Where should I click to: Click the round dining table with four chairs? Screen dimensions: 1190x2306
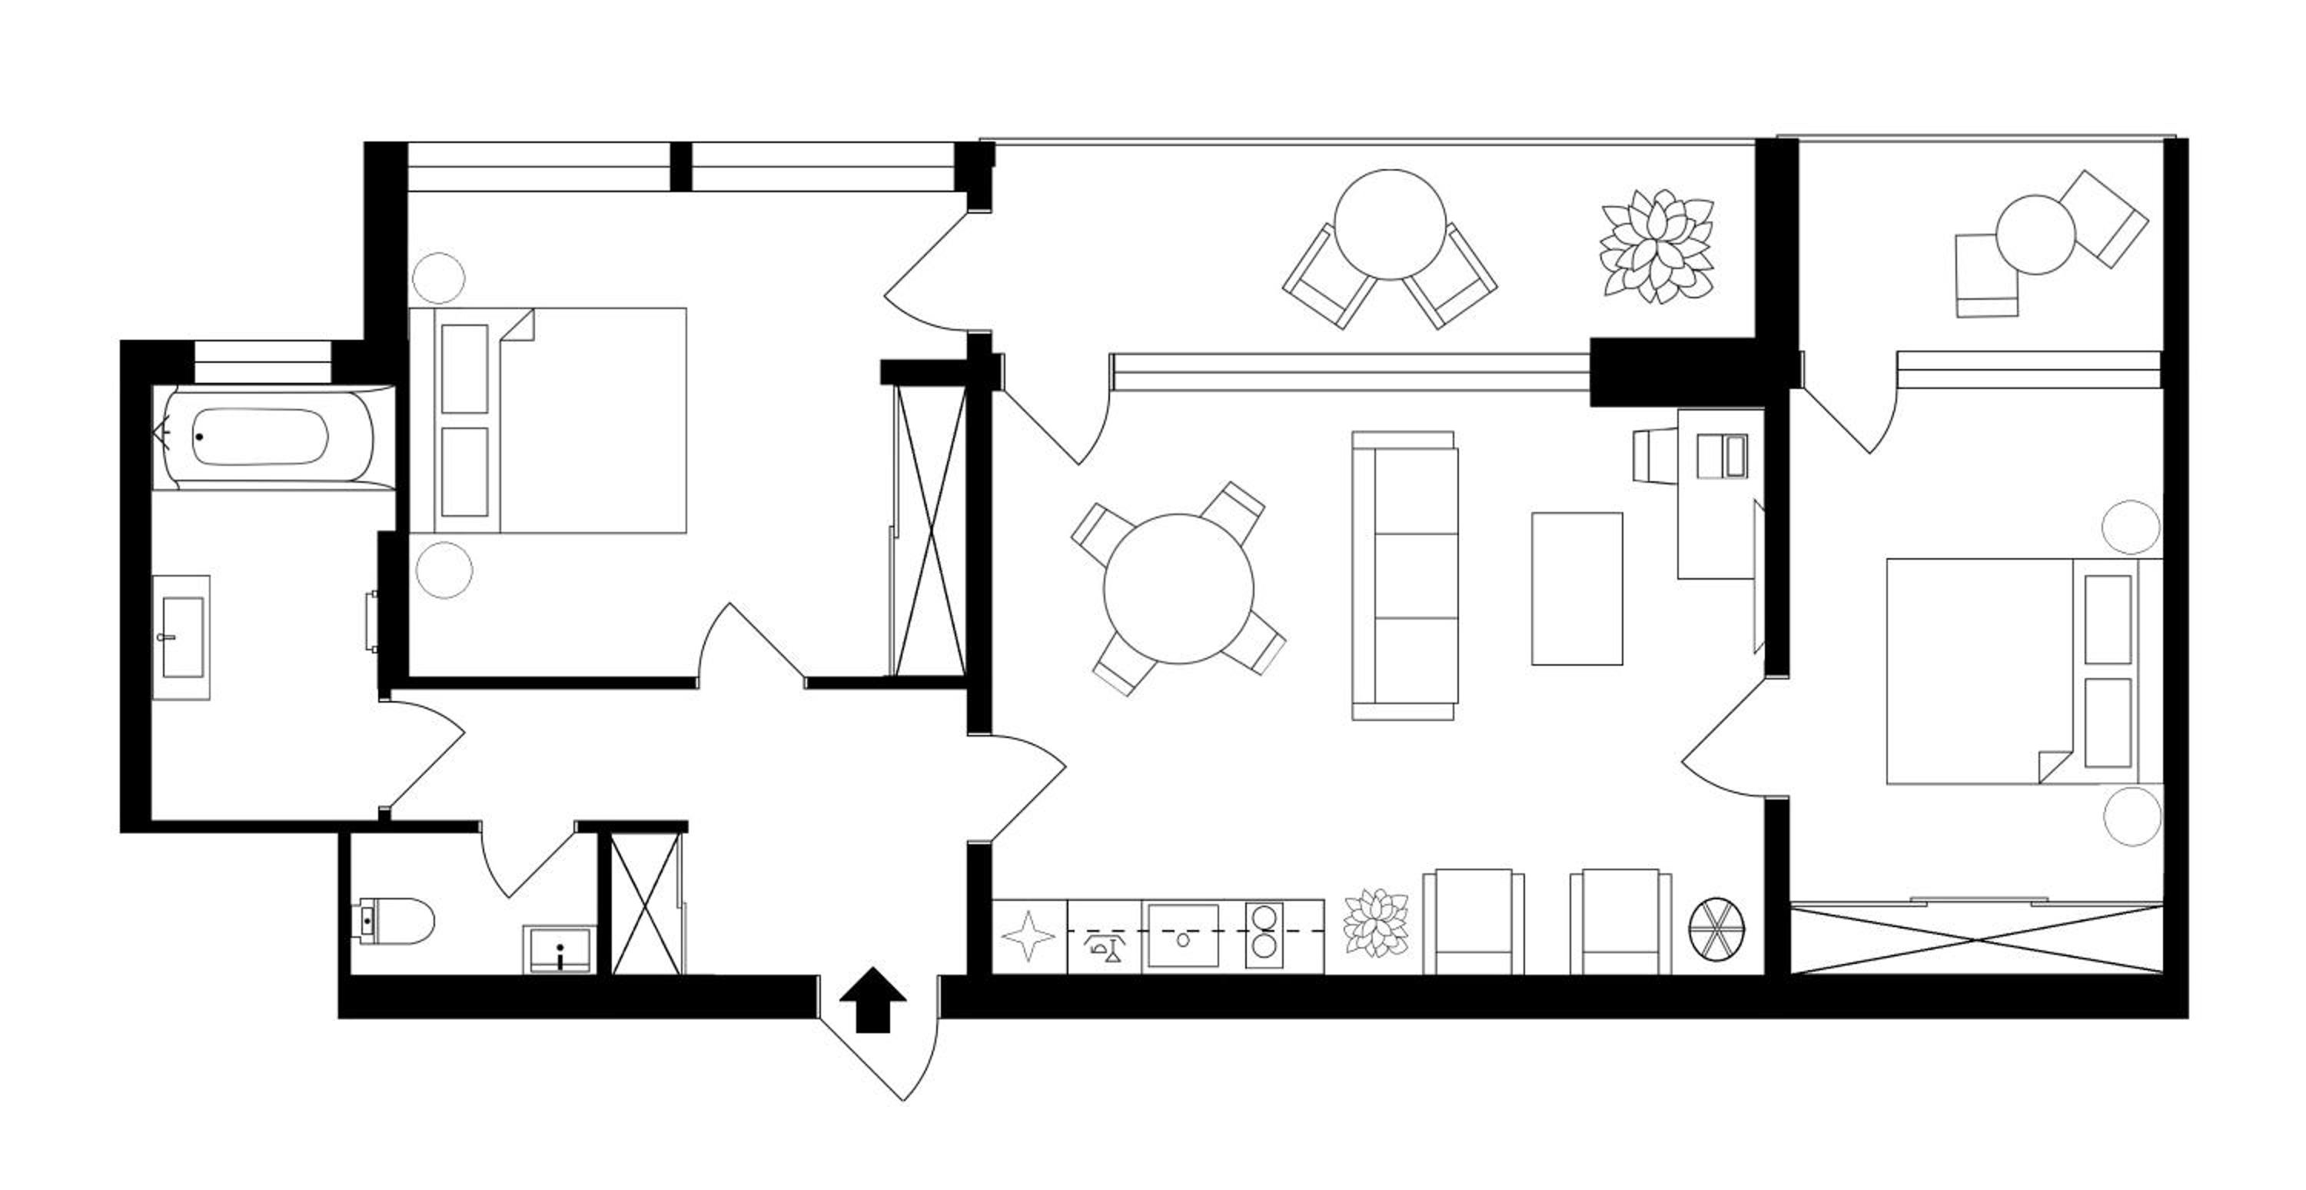[1178, 588]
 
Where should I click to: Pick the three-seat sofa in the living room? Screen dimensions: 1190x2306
[1404, 576]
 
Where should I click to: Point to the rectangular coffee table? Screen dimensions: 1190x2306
[1577, 588]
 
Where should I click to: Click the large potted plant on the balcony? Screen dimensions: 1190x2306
[1657, 245]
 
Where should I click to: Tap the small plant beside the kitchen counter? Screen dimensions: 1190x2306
[1376, 923]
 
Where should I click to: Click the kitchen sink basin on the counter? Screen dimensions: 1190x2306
[1182, 936]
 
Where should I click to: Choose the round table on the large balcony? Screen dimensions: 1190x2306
[1389, 224]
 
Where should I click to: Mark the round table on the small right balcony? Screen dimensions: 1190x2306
[2035, 234]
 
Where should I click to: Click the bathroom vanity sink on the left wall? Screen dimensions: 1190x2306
[181, 637]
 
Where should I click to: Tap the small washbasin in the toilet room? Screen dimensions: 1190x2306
[558, 950]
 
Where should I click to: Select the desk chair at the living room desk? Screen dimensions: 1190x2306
[1654, 455]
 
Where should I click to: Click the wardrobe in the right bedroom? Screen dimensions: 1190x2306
[1976, 940]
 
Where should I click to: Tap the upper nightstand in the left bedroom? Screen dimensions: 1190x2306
[439, 278]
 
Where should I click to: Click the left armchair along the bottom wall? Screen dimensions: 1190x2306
[1473, 922]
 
